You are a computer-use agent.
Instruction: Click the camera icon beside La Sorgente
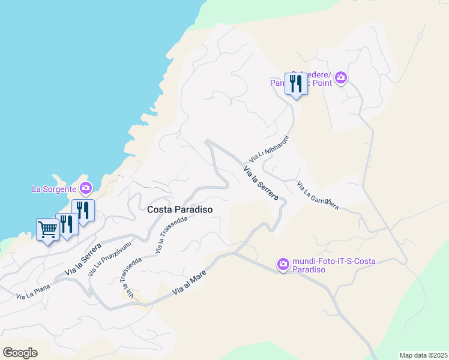pos(86,188)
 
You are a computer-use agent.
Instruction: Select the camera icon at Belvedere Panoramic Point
pos(341,77)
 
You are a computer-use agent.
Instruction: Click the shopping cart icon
pos(48,229)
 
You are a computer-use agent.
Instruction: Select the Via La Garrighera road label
pos(318,195)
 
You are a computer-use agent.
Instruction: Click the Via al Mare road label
pos(190,282)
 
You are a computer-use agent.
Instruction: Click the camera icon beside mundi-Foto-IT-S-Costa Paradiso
pos(283,263)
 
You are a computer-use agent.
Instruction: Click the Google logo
pos(20,353)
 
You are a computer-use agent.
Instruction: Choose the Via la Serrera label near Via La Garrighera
pos(261,183)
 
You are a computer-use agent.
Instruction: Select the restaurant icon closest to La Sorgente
pos(83,210)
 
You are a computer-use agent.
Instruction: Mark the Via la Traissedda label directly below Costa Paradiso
pos(171,235)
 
